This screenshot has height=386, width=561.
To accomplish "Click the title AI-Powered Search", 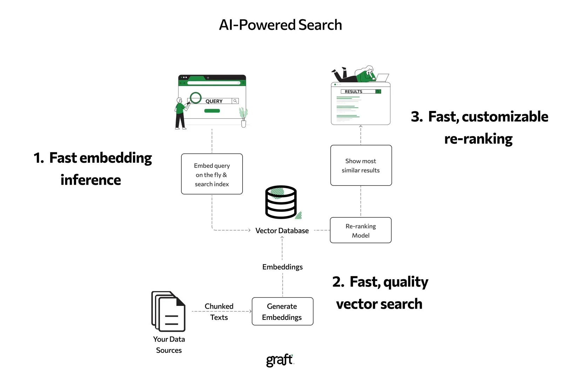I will pos(280,25).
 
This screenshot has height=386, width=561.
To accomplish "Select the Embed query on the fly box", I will pos(212,174).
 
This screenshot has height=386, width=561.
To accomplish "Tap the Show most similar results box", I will pos(361,165).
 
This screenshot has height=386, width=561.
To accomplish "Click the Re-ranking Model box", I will pos(360,230).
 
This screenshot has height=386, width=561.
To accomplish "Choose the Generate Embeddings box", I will pos(282,311).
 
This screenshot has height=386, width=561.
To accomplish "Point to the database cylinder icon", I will pos(281,202).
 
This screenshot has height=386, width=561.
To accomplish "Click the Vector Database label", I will pos(282,231).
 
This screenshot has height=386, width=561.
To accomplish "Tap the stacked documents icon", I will pos(168,311).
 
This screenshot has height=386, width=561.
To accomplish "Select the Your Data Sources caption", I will pos(169,344).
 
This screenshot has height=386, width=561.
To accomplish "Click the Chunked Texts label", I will pos(219,311).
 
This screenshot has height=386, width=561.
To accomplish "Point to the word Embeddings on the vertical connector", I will pos(282,267).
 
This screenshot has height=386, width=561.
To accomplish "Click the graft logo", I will pos(279,360).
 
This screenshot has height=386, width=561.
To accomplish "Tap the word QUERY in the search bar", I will pos(214,101).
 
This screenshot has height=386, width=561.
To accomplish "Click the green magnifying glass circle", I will pos(196,98).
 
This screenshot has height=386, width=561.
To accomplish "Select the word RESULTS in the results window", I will pos(353,92).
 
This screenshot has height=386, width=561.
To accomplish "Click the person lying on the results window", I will pos(358,74).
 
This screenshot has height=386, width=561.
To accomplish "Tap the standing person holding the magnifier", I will pos(180,114).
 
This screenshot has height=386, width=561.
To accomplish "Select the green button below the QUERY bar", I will pos(212,111).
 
